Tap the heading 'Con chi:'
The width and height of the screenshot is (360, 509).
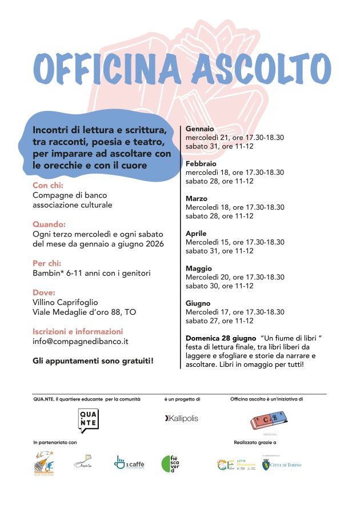pyautogui.click(x=47, y=186)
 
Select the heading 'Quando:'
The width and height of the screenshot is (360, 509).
pyautogui.click(x=49, y=224)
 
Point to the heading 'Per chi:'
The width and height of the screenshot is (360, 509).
pyautogui.click(x=47, y=263)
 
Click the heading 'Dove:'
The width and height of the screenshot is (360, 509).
pyautogui.click(x=44, y=292)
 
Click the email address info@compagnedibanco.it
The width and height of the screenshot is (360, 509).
pyautogui.click(x=81, y=341)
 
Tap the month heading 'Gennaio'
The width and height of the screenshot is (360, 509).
pyautogui.click(x=199, y=129)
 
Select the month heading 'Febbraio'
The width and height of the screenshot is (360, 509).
pyautogui.click(x=201, y=164)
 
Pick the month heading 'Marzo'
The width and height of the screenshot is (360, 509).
pyautogui.click(x=197, y=199)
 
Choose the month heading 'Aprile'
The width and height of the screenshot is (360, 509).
pyautogui.click(x=196, y=234)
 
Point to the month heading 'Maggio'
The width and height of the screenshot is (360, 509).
pyautogui.click(x=198, y=268)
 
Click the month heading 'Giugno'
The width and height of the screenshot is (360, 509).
pyautogui.click(x=198, y=303)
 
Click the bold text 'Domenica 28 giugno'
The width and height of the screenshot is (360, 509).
pyautogui.click(x=221, y=338)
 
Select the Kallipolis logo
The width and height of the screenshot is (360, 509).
pyautogui.click(x=182, y=419)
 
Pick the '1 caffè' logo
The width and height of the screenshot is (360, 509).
pyautogui.click(x=129, y=463)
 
